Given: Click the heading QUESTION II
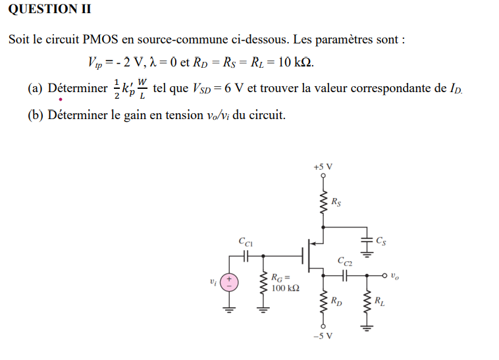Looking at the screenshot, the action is (x=50, y=9).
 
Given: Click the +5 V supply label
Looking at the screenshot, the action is (x=323, y=167).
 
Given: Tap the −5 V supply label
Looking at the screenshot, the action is (x=323, y=336).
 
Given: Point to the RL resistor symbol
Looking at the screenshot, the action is (x=367, y=303).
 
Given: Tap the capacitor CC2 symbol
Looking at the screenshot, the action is (x=345, y=276).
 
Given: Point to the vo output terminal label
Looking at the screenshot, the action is (x=394, y=277).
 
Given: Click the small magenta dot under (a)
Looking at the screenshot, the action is (x=60, y=100).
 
